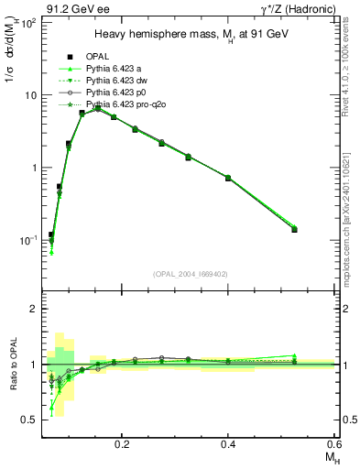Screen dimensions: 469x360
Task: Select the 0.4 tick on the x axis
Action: [x=228, y=443]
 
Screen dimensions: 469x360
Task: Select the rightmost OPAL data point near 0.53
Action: [x=294, y=229]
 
